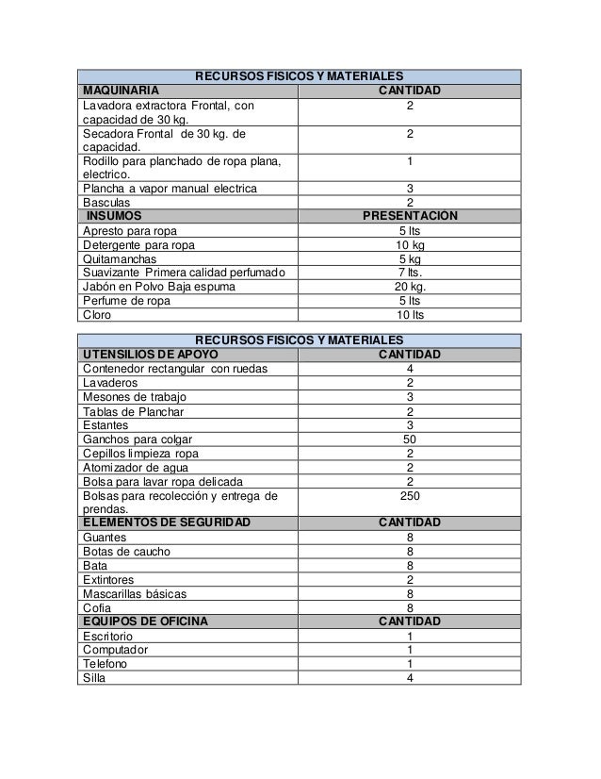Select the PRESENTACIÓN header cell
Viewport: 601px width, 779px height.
(410, 216)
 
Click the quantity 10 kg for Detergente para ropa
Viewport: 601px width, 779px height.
(410, 245)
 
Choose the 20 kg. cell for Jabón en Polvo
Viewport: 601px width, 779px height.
(410, 287)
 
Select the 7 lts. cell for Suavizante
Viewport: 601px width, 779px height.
(410, 273)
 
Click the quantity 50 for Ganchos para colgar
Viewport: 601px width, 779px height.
(410, 439)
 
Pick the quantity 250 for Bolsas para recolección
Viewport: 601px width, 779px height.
(410, 495)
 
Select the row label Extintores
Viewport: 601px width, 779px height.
(108, 579)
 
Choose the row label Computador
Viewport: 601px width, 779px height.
(116, 650)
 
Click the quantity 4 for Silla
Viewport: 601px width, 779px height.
(410, 678)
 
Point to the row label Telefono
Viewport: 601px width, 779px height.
(106, 664)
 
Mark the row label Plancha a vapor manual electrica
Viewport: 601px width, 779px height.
(170, 189)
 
